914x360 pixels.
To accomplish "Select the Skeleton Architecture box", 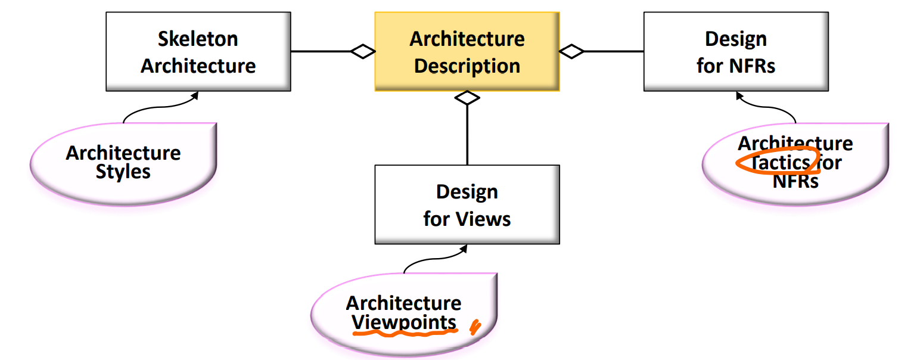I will [x=198, y=51].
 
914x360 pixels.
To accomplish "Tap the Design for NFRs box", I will [x=735, y=51].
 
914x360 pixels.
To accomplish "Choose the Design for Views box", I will [x=467, y=204].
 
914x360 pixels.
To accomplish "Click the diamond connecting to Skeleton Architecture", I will [x=363, y=51].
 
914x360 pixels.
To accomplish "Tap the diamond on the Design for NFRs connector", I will [x=572, y=51].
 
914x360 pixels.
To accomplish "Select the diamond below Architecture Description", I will [x=467, y=98].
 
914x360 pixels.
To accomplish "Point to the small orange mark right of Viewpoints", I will [x=475, y=327].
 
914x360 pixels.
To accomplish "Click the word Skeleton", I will [x=198, y=39].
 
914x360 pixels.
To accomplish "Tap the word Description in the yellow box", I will [x=467, y=66].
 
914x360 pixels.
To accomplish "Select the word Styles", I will [x=123, y=172].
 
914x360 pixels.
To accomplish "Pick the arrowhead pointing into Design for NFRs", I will [x=739, y=94].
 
